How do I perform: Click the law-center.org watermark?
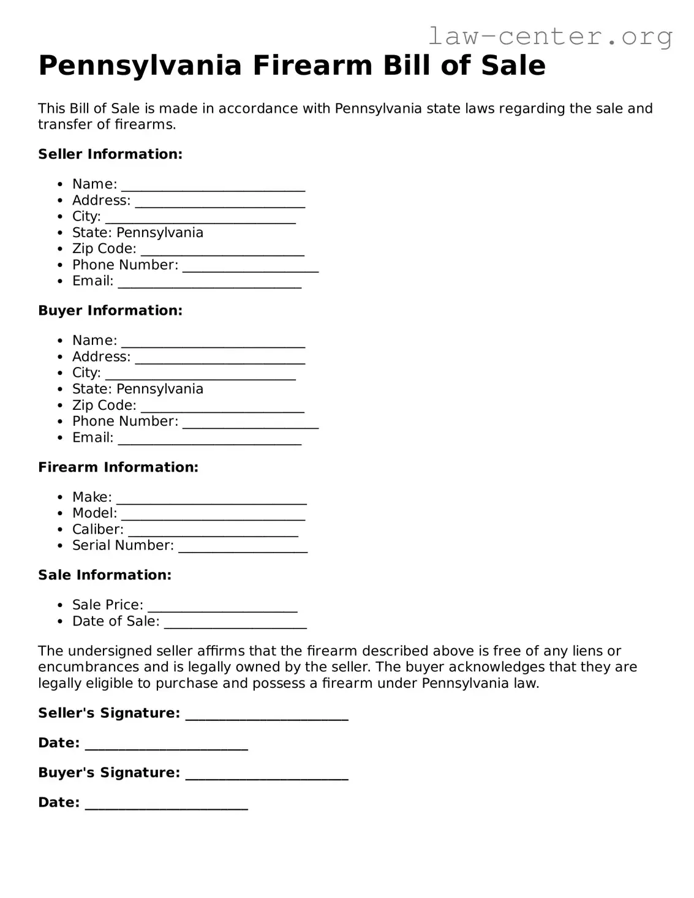[549, 36]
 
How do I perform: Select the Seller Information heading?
[110, 154]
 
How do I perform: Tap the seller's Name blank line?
[213, 186]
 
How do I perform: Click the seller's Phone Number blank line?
[251, 266]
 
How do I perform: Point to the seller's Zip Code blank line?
[222, 251]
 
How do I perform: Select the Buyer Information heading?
[110, 311]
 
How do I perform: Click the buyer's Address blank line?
[220, 358]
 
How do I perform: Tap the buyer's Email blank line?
[209, 439]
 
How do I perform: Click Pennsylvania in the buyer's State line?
[160, 389]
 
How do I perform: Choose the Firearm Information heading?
[118, 467]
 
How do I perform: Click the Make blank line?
[211, 499]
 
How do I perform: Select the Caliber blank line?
[213, 531]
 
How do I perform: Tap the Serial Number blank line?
[243, 547]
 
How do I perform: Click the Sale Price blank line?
[222, 606]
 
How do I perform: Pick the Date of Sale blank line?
[235, 623]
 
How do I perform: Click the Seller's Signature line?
[266, 715]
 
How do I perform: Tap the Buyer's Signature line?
[266, 774]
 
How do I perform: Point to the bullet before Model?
[60, 513]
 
